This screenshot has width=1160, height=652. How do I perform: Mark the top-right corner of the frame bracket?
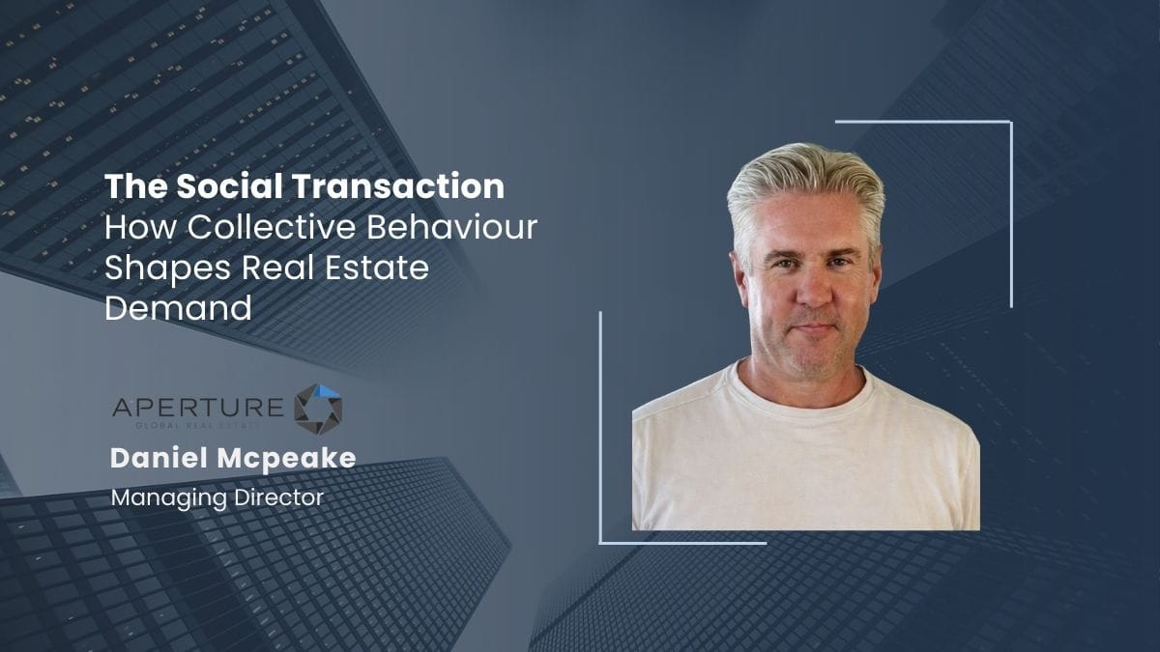(1010, 123)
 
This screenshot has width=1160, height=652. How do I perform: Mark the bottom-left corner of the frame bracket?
(600, 542)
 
